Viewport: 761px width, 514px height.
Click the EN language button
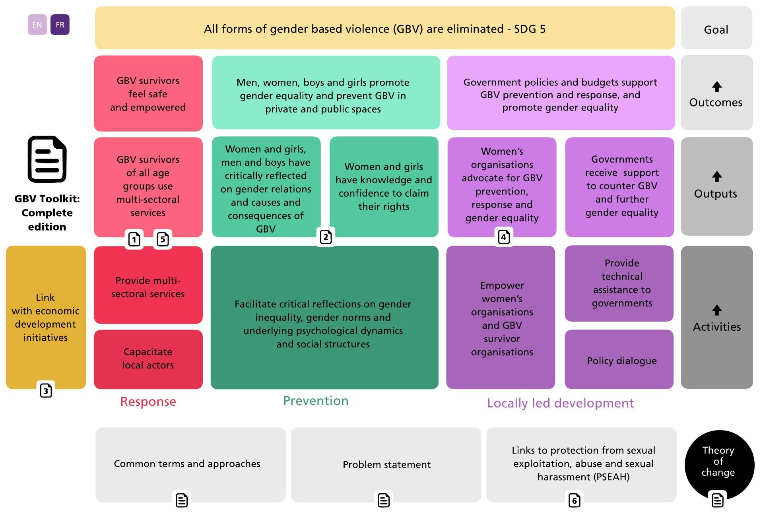pos(37,25)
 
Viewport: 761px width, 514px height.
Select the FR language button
pos(60,25)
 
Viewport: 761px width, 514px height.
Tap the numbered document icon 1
pos(134,239)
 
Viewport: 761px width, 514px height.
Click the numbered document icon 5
pos(163,239)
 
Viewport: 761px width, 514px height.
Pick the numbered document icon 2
pos(326,237)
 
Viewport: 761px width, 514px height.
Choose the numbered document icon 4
pos(504,237)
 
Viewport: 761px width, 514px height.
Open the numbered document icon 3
pos(46,391)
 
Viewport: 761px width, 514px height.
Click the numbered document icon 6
pos(575,500)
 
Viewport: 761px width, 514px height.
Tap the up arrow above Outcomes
pos(717,87)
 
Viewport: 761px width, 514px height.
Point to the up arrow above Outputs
pos(717,177)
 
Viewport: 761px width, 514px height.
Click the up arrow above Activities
pos(717,310)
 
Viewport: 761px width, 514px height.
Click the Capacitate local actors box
pos(148,359)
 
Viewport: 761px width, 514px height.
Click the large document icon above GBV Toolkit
pos(47,159)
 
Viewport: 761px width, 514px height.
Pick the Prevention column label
pos(316,401)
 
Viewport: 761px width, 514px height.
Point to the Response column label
pos(148,402)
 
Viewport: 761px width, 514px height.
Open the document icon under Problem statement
pos(384,500)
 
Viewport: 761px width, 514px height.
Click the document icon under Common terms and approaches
pos(182,500)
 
